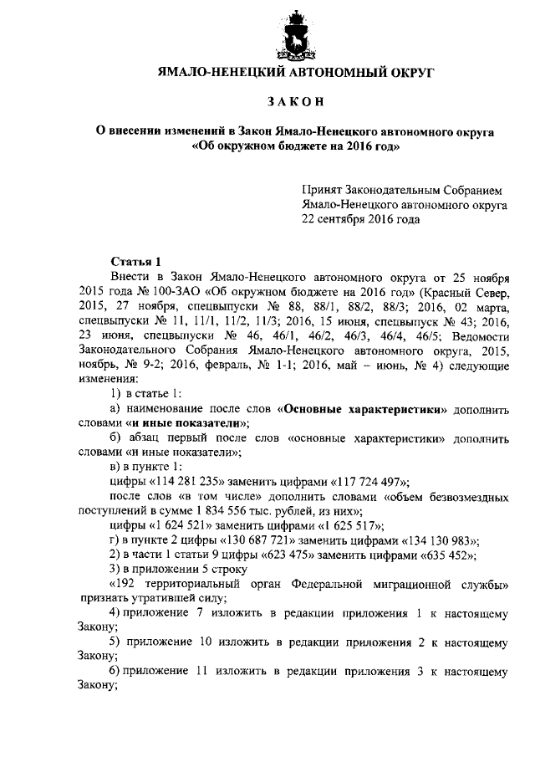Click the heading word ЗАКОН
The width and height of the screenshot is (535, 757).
(296, 102)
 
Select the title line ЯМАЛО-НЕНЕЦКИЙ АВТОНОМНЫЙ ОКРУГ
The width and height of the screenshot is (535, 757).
(297, 74)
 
